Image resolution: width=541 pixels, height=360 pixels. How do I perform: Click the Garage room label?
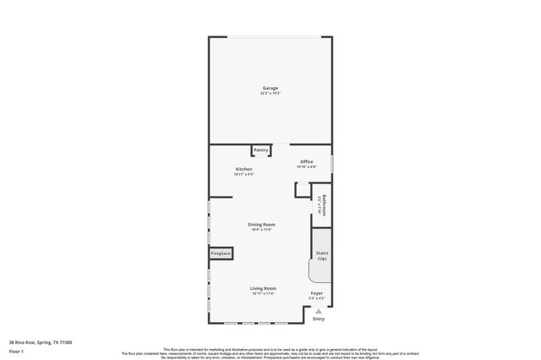click(270, 88)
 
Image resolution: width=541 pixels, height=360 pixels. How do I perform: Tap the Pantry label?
click(261, 150)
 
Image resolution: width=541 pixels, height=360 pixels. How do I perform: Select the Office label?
click(306, 161)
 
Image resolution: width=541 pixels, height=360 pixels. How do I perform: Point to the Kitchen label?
click(243, 169)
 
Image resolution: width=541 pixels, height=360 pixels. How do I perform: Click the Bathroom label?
click(324, 206)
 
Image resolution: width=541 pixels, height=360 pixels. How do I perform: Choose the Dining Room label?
click(261, 224)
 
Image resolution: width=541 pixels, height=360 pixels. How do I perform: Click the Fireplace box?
click(221, 254)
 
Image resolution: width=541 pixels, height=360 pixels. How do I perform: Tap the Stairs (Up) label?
click(321, 256)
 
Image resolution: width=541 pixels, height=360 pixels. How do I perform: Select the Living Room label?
click(263, 288)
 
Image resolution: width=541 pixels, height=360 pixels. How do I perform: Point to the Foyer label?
click(316, 293)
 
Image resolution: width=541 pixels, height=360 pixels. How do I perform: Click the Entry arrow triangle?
click(319, 310)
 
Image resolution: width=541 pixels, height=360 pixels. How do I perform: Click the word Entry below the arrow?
click(319, 319)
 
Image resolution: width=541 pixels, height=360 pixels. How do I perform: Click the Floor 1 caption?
click(16, 352)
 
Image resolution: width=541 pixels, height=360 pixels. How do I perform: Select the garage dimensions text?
click(270, 93)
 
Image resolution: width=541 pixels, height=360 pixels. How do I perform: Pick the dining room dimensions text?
click(261, 229)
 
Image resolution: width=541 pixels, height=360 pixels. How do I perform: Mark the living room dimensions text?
click(263, 293)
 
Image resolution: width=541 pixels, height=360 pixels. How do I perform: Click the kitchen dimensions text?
click(243, 174)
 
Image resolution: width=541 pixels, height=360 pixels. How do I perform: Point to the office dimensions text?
click(306, 166)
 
